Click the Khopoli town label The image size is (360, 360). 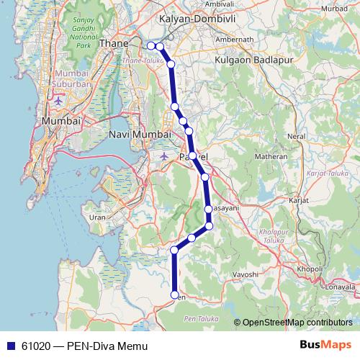point(309,268)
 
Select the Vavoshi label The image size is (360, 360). point(245,274)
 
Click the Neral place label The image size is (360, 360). point(297,135)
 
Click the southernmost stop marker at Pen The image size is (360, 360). point(174,294)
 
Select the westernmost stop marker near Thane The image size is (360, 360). point(151,46)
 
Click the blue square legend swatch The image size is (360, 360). point(11,346)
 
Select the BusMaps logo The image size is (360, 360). point(325,345)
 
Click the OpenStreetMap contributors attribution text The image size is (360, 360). point(297,323)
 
